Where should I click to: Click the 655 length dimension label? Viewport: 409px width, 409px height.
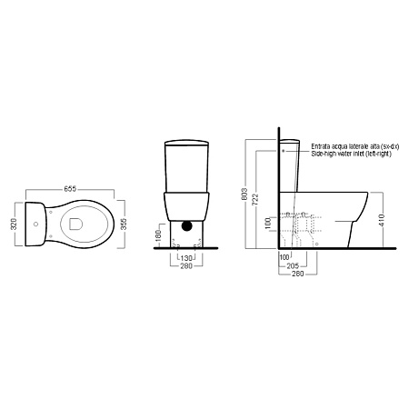70,189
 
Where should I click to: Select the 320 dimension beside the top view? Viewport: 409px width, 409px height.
14,224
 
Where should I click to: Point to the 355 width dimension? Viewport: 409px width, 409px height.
124,224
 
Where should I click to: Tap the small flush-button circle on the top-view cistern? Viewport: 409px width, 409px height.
36,224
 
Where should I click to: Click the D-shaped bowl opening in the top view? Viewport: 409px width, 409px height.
75,224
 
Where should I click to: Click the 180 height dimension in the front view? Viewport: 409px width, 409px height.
158,235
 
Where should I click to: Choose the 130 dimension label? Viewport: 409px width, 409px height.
186,258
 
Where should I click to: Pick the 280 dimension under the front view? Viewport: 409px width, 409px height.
186,266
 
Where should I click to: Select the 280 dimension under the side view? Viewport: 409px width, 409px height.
297,274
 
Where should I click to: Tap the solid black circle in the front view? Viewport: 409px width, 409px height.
187,225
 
